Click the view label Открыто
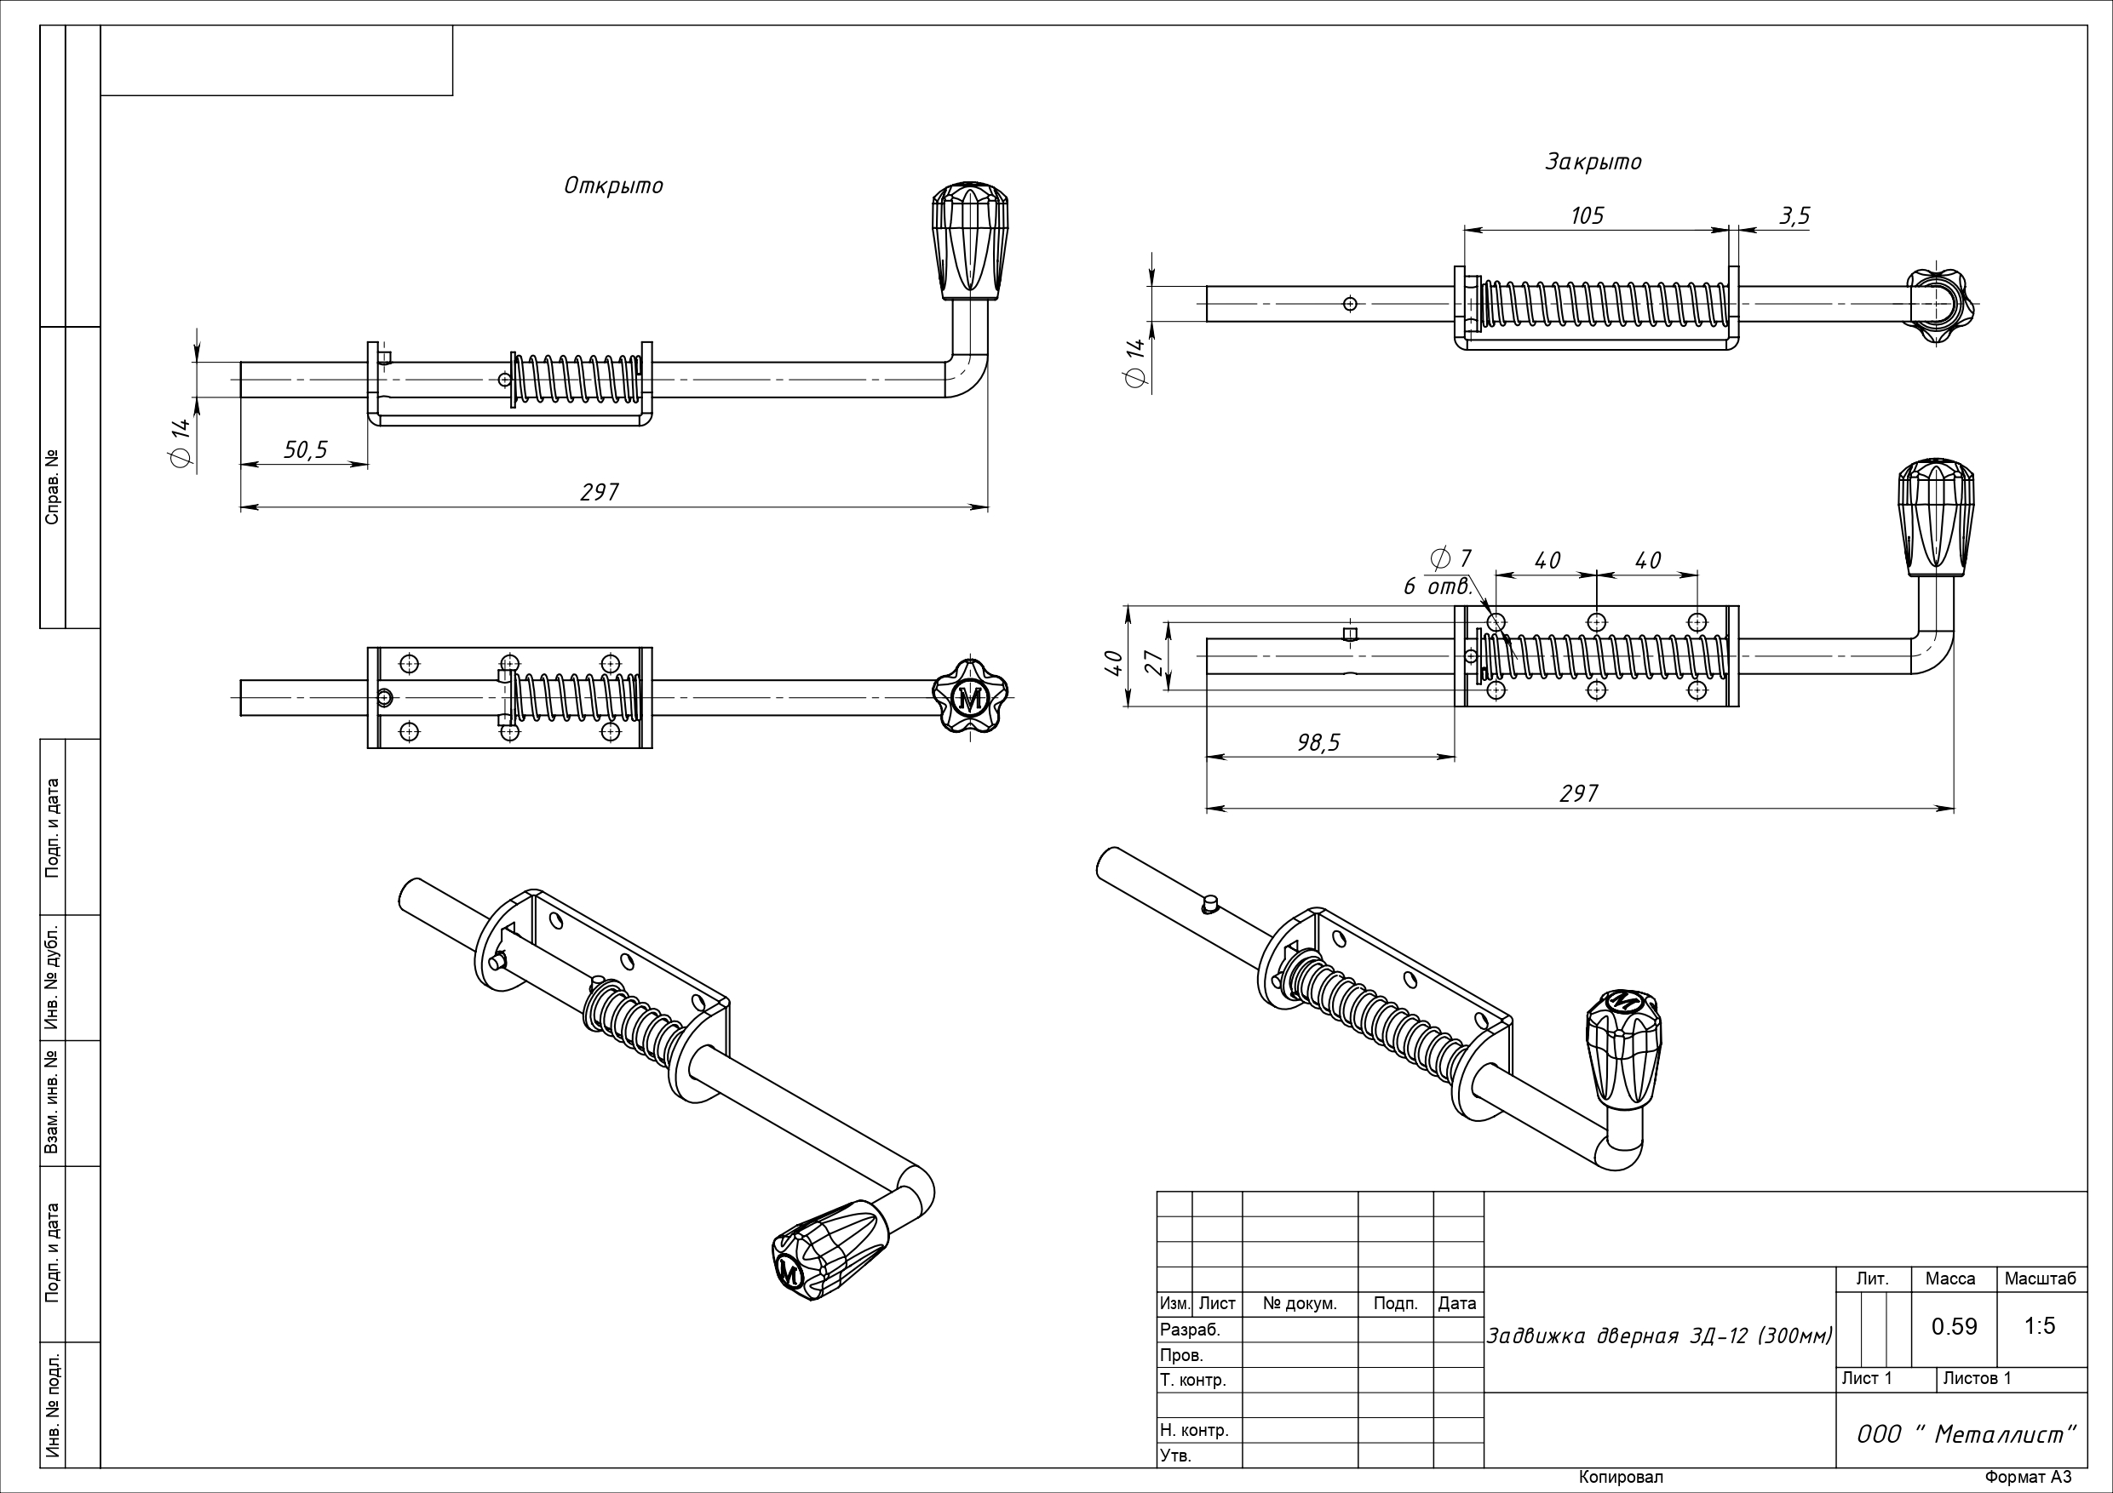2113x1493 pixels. point(613,186)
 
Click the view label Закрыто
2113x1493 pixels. point(1592,162)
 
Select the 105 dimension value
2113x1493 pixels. point(1587,215)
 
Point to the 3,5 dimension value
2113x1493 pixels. point(1794,215)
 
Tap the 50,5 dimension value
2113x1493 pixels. point(306,449)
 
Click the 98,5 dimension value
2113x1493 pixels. point(1318,742)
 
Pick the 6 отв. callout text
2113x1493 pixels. point(1438,586)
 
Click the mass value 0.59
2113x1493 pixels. point(1954,1325)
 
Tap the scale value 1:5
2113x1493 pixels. point(2041,1325)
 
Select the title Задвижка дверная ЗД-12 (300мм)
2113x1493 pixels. point(1659,1336)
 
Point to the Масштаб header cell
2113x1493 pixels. point(2041,1278)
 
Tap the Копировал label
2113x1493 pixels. point(1621,1478)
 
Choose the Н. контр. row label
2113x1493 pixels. point(1194,1431)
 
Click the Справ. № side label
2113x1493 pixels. point(53,487)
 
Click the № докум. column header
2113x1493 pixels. point(1300,1303)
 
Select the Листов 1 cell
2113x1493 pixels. point(1977,1378)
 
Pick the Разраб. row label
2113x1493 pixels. point(1190,1330)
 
